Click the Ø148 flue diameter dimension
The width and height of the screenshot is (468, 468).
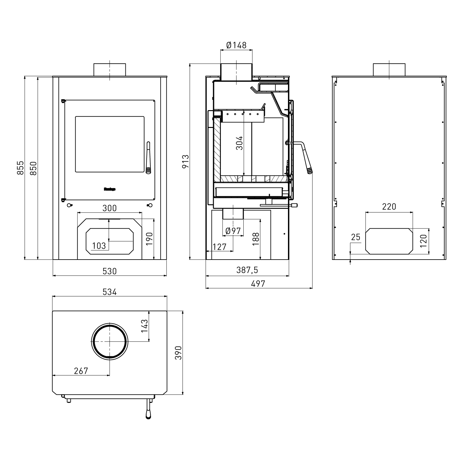[236, 46]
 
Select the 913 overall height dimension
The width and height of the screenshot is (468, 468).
[186, 161]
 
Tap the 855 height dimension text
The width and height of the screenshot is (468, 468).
[20, 168]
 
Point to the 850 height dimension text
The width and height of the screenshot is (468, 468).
[33, 168]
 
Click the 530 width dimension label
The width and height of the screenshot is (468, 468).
[110, 271]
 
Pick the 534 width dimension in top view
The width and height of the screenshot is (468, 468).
[110, 292]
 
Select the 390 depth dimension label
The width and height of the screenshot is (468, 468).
[178, 353]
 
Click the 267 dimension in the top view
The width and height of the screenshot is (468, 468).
[81, 371]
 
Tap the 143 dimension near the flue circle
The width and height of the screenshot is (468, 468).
[144, 326]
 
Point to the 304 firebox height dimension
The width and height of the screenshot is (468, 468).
[239, 143]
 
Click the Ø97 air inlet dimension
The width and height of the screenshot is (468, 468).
[233, 231]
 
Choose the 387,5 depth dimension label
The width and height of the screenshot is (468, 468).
[247, 270]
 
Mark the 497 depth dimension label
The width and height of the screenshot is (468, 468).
[258, 284]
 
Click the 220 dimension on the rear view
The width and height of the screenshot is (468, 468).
[389, 207]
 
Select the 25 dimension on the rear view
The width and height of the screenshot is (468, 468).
[356, 237]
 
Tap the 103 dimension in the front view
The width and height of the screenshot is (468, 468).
[99, 246]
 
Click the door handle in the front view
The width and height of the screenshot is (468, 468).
[148, 157]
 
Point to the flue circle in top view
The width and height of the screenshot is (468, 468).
[110, 341]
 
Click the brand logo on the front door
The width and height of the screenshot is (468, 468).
[110, 189]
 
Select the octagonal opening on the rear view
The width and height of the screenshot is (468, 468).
[389, 241]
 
